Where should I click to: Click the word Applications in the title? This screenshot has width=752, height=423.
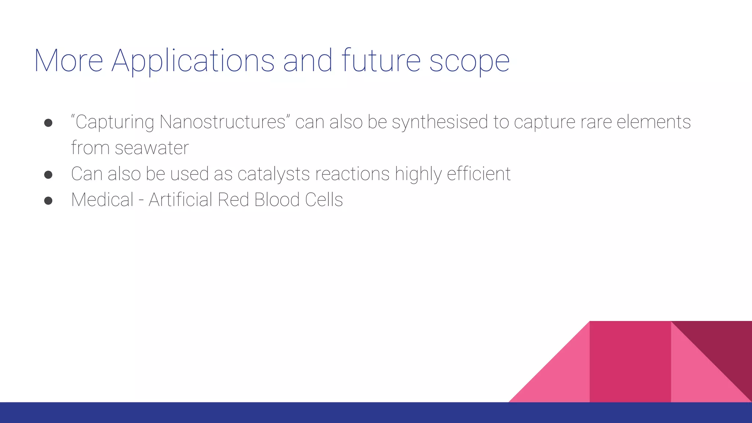click(193, 61)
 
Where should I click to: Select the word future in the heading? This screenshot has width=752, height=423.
click(381, 61)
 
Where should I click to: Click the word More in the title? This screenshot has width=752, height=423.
click(69, 61)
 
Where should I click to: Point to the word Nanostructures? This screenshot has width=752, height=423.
click(223, 122)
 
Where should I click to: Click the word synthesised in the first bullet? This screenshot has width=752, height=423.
click(440, 122)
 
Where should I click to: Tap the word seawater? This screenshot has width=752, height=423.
click(152, 148)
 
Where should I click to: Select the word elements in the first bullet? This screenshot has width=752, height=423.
click(654, 122)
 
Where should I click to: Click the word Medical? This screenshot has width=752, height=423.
click(102, 200)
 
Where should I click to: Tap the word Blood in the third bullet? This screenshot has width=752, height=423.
click(277, 200)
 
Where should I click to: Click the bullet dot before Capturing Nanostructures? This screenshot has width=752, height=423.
click(48, 123)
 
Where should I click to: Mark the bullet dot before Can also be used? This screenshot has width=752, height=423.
click(48, 175)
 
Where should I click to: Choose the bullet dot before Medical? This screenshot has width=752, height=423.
click(48, 201)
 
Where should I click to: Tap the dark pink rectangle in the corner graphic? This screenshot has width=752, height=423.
click(630, 362)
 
